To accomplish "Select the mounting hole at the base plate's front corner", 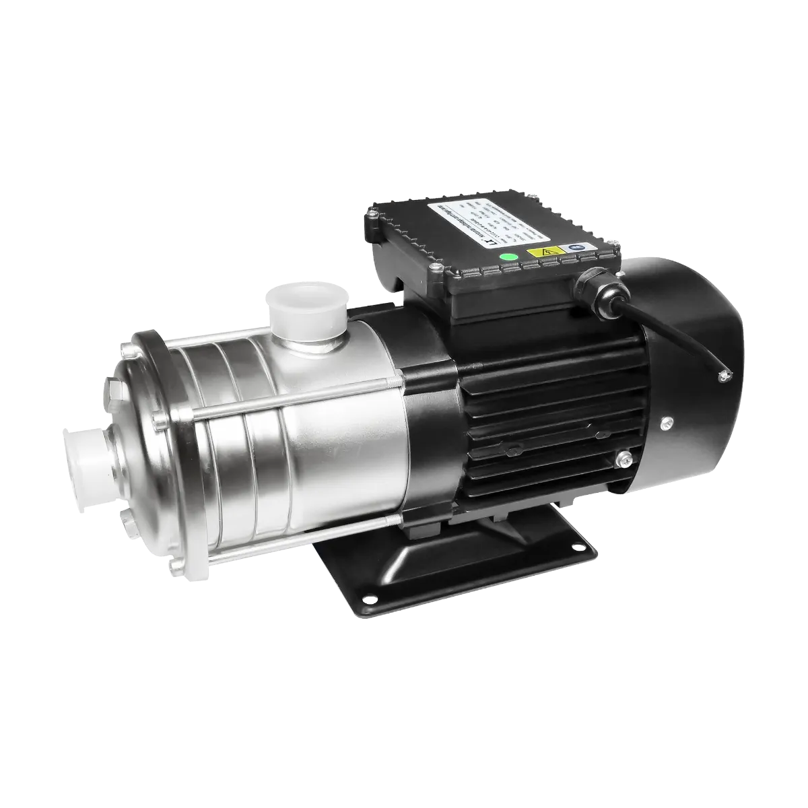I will click(x=368, y=597).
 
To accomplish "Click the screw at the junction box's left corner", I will click(x=370, y=217).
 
